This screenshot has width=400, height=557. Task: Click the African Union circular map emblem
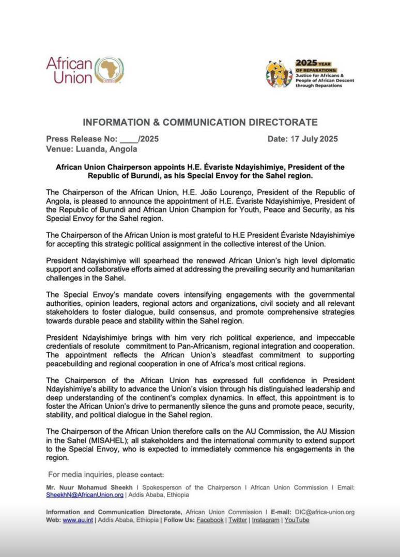pos(109,70)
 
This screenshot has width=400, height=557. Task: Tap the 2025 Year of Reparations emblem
pos(279,74)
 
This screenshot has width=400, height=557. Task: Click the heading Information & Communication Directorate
pos(200,122)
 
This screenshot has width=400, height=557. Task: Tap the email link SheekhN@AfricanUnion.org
pos(85,495)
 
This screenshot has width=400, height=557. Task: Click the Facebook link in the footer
pos(210,520)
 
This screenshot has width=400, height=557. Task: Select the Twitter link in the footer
pos(238,520)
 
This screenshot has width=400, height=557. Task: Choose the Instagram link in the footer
pos(266,520)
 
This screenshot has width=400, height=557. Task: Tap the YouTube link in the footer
pos(297,520)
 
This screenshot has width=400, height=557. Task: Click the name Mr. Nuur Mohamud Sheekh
pos(85,487)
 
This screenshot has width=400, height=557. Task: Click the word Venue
pos(58,149)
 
